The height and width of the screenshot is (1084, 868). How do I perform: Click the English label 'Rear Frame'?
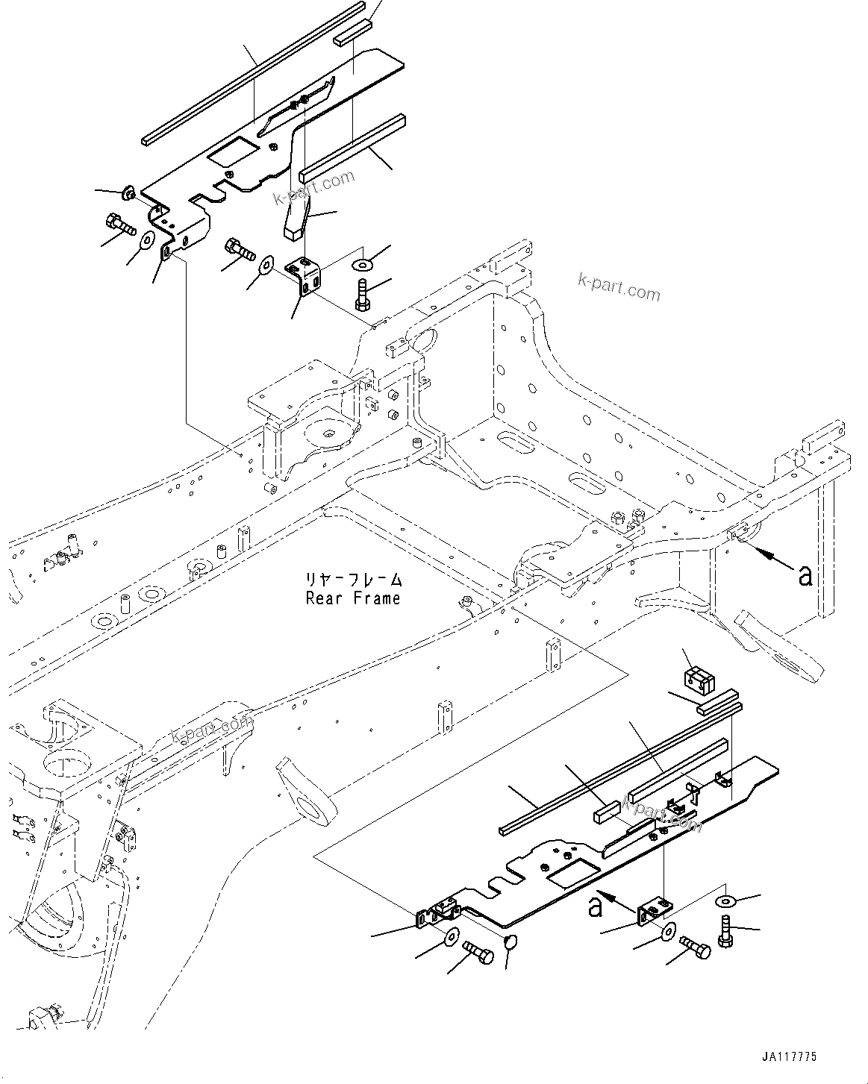(352, 598)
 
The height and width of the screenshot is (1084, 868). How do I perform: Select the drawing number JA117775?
(790, 1056)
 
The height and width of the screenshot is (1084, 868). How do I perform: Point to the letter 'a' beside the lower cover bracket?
(595, 906)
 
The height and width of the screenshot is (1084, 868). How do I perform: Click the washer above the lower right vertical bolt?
(726, 902)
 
